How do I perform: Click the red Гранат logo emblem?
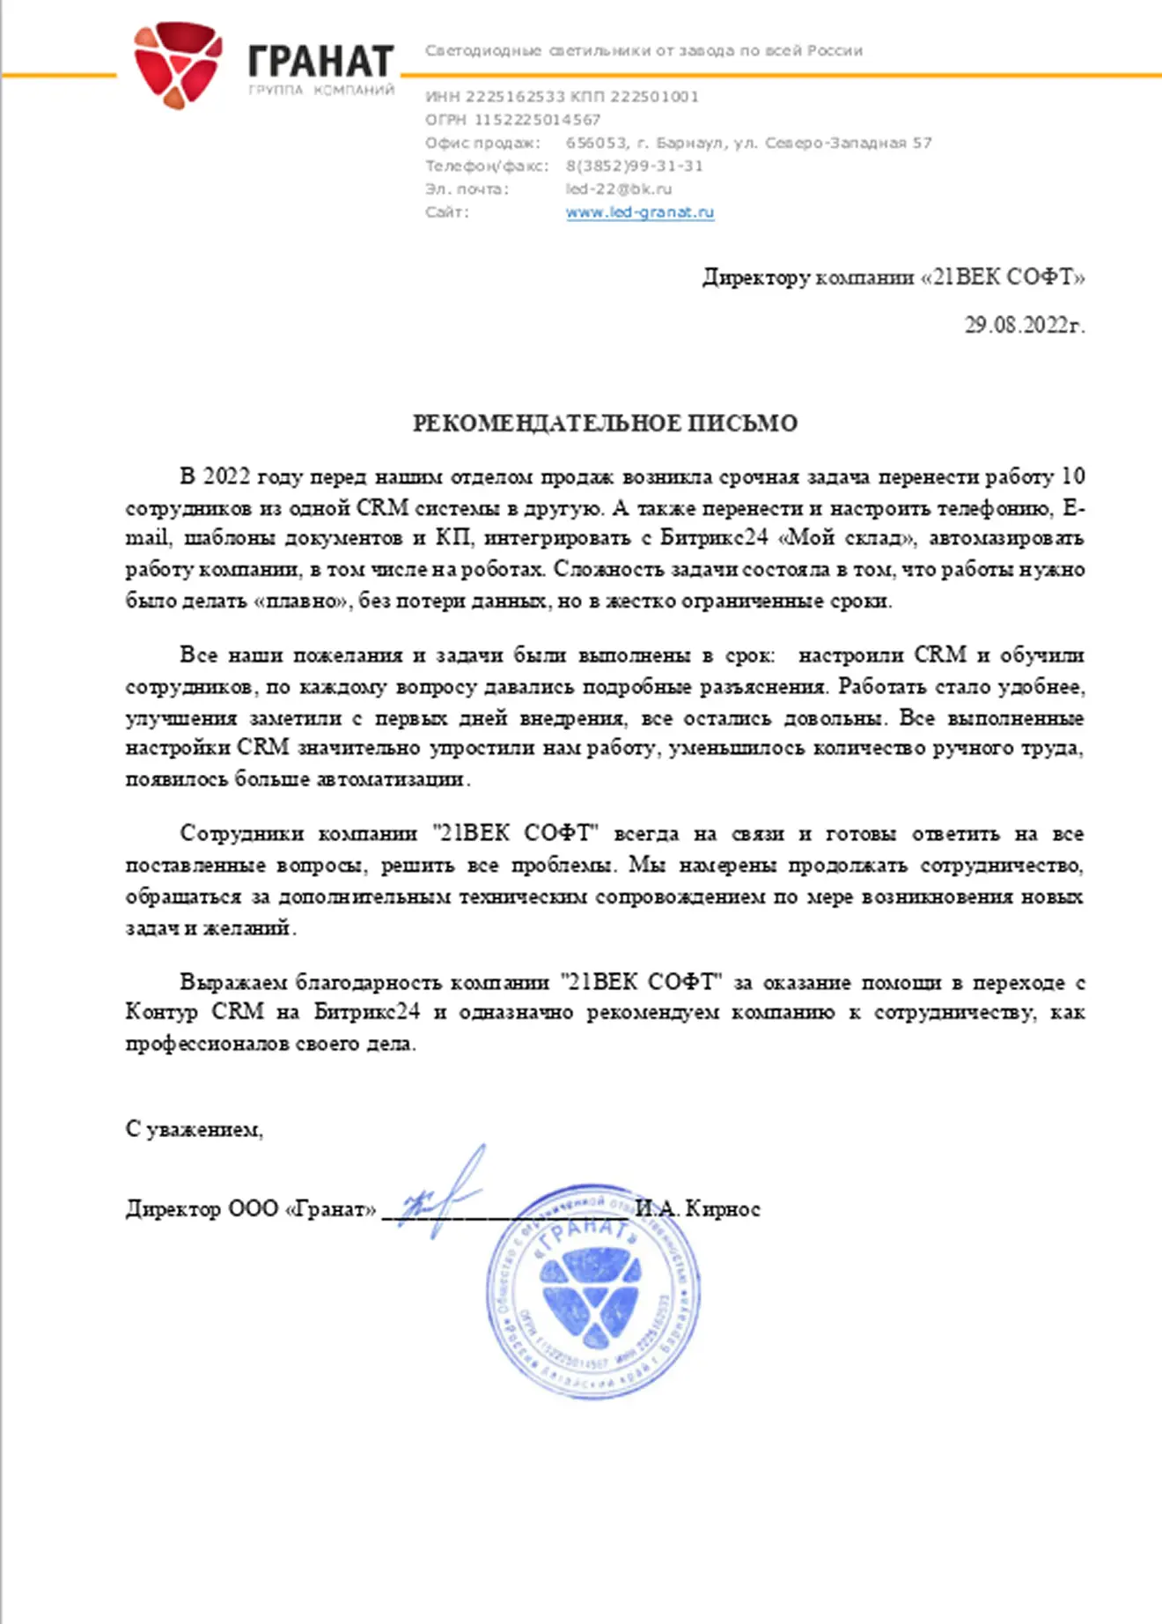tap(177, 64)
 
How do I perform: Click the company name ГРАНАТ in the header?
tap(320, 61)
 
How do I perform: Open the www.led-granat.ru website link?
tap(639, 212)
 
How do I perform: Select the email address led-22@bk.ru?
tap(618, 188)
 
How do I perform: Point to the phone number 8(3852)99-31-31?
tap(634, 166)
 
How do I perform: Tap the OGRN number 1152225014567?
tap(537, 120)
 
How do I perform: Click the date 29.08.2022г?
tap(1024, 325)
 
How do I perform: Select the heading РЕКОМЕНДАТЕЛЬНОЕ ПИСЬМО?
tap(605, 424)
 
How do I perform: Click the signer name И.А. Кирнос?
tap(697, 1209)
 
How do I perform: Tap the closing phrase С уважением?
tap(194, 1129)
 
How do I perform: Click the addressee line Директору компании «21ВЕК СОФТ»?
tap(893, 277)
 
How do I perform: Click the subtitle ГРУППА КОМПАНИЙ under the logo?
tap(320, 91)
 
